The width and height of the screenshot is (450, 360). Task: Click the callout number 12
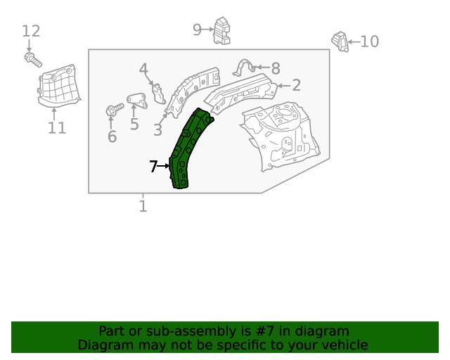tap(31, 31)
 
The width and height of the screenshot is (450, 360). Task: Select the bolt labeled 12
tap(32, 59)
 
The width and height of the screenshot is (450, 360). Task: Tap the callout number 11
tap(57, 128)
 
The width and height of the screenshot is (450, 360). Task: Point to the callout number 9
tap(198, 29)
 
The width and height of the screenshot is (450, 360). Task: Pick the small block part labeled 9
tap(221, 30)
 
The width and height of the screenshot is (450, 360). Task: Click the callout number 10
tap(369, 41)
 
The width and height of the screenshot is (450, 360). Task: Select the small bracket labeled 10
tap(340, 41)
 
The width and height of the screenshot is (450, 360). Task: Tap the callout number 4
tap(143, 70)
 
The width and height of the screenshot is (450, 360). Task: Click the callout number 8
tap(276, 68)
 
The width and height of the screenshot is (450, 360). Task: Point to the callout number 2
tap(296, 85)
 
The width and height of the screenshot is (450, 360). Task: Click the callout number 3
tap(157, 130)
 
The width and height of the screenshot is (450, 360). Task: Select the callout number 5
tap(134, 124)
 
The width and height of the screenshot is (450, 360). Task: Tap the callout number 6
tap(112, 136)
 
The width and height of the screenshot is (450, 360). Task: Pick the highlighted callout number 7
tap(153, 167)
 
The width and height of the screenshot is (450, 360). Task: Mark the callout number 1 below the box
tap(143, 206)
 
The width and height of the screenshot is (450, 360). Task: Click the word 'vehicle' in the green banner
tap(342, 345)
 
